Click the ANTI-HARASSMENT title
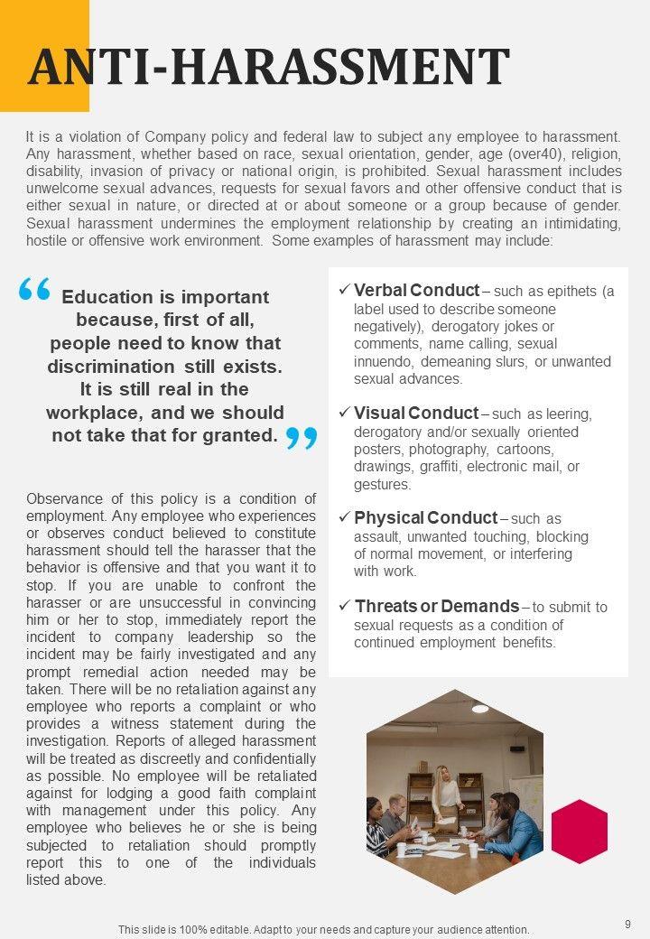[269, 67]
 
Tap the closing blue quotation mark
[302, 439]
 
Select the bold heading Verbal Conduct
[416, 291]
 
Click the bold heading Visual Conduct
[416, 414]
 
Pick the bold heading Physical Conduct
[425, 518]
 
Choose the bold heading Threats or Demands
[436, 607]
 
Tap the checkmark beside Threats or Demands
[344, 607]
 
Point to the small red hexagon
[579, 832]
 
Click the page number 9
[627, 923]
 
